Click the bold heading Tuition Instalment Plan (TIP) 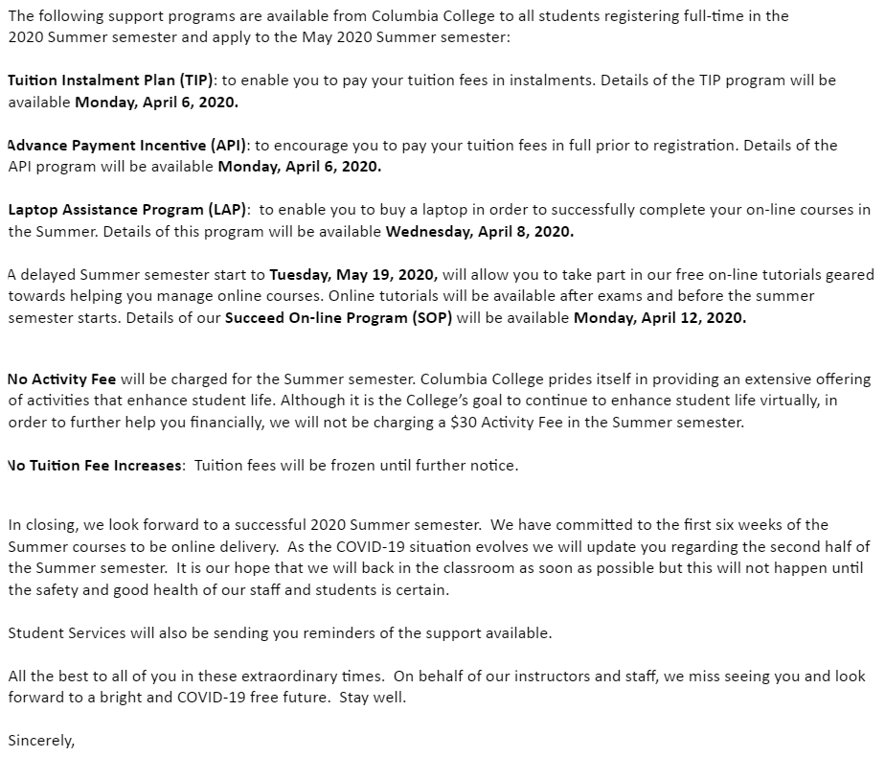(x=111, y=80)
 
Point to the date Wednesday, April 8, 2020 (x=479, y=232)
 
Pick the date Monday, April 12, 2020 (x=659, y=318)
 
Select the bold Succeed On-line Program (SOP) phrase (x=338, y=318)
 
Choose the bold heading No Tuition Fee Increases (x=94, y=466)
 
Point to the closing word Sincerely (x=40, y=740)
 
